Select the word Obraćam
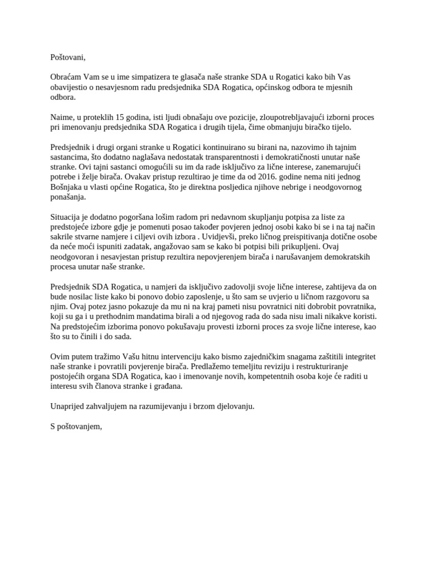[x=66, y=77]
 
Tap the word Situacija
[x=67, y=217]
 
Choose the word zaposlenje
[x=197, y=297]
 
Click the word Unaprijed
[x=67, y=407]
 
